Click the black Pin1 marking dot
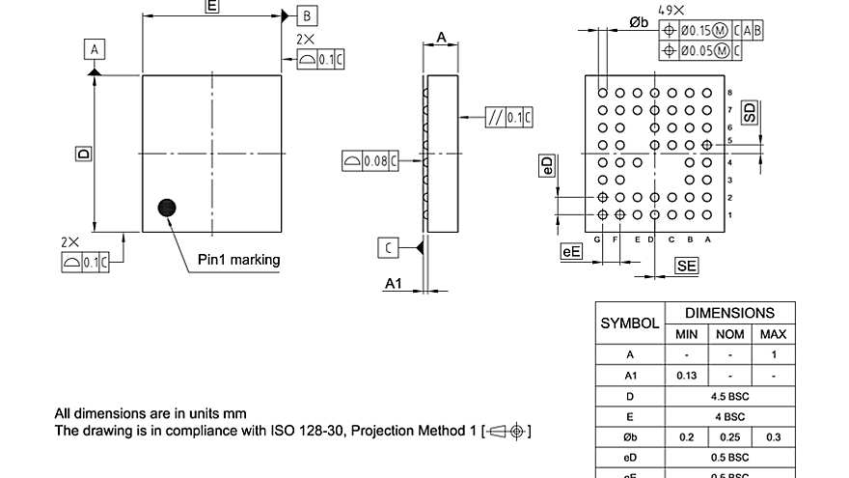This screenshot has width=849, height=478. click(x=169, y=207)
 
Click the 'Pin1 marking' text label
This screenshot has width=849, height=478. click(x=238, y=259)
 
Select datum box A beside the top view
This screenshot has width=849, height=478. click(x=94, y=49)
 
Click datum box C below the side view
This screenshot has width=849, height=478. click(x=388, y=248)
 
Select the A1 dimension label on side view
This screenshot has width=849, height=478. click(x=394, y=283)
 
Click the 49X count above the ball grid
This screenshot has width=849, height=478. click(x=671, y=9)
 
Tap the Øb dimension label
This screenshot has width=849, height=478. click(x=638, y=22)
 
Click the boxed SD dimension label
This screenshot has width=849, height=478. click(x=751, y=112)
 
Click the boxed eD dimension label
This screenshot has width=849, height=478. click(x=547, y=165)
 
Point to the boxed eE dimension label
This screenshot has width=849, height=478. click(x=571, y=252)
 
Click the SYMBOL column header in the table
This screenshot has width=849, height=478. click(x=630, y=323)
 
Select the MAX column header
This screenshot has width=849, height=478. click(x=774, y=334)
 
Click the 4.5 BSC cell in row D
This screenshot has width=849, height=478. click(x=729, y=396)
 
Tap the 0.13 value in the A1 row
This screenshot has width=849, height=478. click(x=686, y=376)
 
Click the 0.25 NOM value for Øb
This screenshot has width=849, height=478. click(x=729, y=436)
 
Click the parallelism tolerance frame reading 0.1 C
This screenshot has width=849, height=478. click(x=509, y=118)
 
